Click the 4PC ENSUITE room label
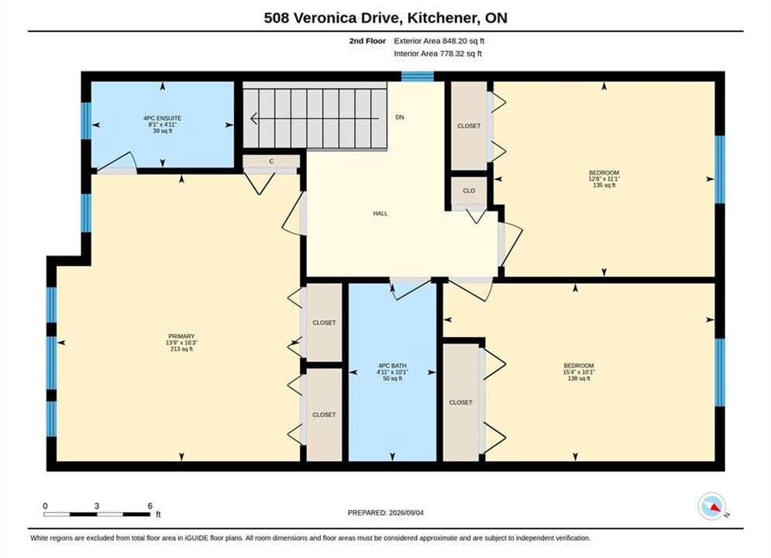162,118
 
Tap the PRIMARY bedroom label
181,336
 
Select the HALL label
380,213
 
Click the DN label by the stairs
399,117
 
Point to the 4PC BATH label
392,366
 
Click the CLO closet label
469,191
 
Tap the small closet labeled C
271,161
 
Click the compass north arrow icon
711,506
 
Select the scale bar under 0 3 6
97,515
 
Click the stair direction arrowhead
253,119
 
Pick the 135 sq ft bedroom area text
604,185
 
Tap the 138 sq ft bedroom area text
579,378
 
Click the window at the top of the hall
418,76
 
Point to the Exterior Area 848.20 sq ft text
439,41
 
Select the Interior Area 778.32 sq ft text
438,53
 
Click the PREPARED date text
386,513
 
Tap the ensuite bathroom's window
86,120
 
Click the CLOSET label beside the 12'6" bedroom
469,126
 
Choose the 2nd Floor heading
367,41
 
